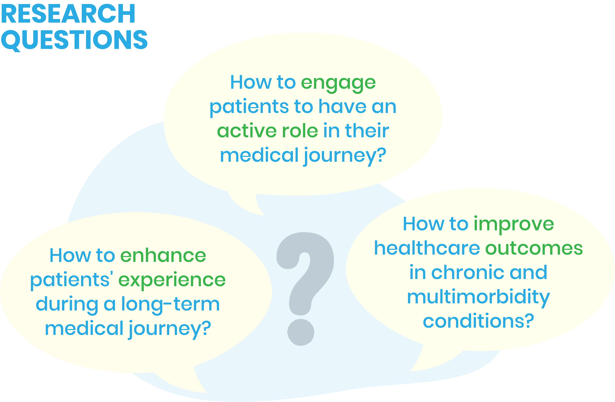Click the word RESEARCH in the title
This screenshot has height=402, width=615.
coord(68,13)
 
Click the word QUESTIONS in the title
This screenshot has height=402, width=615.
coord(74,40)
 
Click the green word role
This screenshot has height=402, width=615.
coord(300,131)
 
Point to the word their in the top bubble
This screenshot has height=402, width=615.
coord(367,131)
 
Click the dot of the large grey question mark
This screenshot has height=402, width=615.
coord(301,332)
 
